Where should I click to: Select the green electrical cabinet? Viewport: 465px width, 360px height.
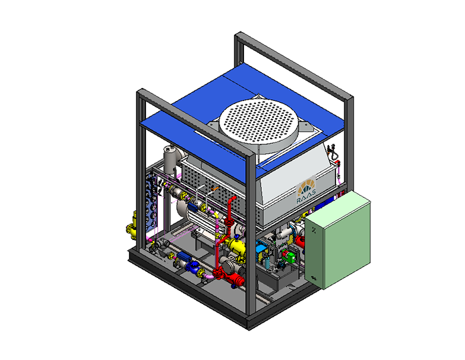tap(338, 240)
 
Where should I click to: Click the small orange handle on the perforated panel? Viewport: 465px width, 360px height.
tap(214, 188)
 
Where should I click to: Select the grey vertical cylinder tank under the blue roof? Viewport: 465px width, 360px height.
tap(170, 160)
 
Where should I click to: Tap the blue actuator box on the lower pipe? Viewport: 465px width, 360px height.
tap(184, 256)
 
